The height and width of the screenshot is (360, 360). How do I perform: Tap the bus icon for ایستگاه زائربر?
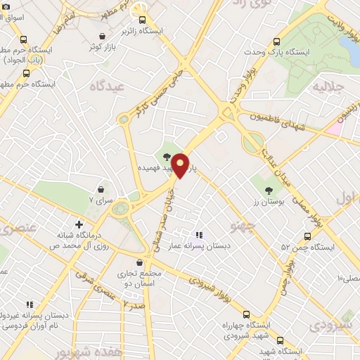(x=143, y=20)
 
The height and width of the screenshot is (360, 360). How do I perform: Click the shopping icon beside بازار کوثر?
(x=104, y=35)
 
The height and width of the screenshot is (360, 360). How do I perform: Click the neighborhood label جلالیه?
(x=326, y=87)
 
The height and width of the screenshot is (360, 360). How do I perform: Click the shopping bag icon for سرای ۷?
(x=103, y=189)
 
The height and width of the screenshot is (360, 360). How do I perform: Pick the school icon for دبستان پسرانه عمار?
(x=199, y=235)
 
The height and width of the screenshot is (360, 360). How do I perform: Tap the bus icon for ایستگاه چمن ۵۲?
(x=307, y=236)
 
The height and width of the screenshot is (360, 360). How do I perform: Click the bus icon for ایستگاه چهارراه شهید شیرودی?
(x=246, y=314)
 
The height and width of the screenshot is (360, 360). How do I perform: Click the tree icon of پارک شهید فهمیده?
(x=166, y=157)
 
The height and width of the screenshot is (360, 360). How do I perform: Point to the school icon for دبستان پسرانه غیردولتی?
(x=30, y=304)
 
